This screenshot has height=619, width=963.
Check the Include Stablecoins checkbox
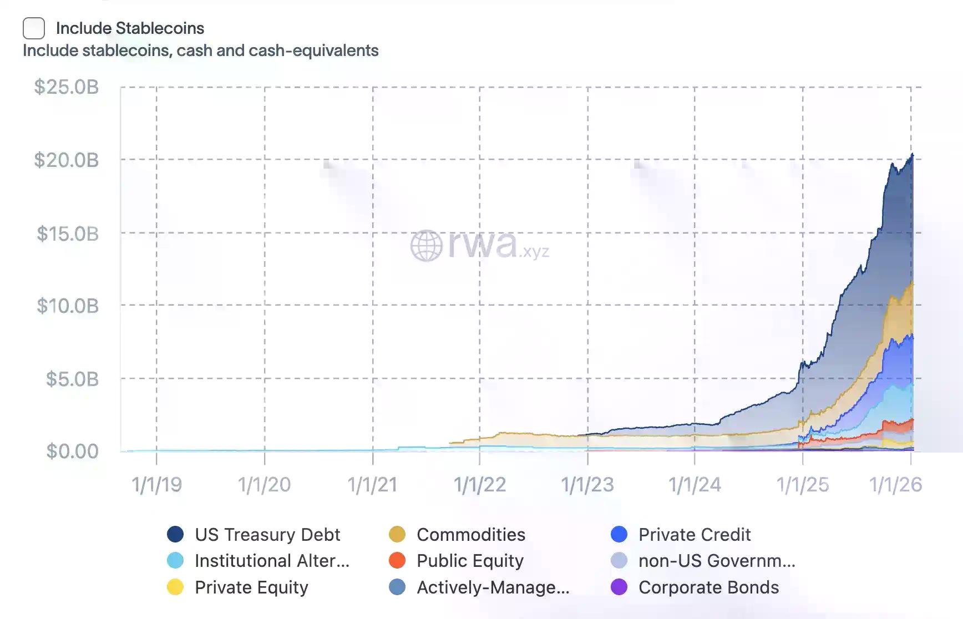tap(34, 28)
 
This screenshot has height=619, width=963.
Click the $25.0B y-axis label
tap(67, 87)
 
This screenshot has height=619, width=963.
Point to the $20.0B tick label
tap(67, 160)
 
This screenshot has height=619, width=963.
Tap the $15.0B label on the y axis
tap(68, 234)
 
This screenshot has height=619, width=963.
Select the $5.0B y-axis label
tap(72, 379)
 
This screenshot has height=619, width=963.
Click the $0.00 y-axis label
tap(72, 451)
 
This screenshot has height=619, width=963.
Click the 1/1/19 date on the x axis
tap(156, 485)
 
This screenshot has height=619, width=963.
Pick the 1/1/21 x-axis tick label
tap(372, 485)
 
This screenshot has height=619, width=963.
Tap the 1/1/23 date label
tap(587, 485)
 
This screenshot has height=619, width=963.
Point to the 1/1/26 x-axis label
tap(895, 485)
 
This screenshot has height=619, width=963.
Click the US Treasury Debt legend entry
tap(267, 535)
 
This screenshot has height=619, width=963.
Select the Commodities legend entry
tap(471, 535)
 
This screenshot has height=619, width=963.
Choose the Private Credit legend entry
tap(695, 535)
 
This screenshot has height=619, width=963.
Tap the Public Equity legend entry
tap(470, 561)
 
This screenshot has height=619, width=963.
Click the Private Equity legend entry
tap(251, 587)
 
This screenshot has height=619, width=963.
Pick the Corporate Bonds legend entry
tap(708, 587)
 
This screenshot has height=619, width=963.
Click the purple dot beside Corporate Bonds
tap(619, 587)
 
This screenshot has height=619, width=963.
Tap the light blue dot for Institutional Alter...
tap(175, 561)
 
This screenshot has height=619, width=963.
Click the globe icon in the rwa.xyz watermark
tap(426, 246)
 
